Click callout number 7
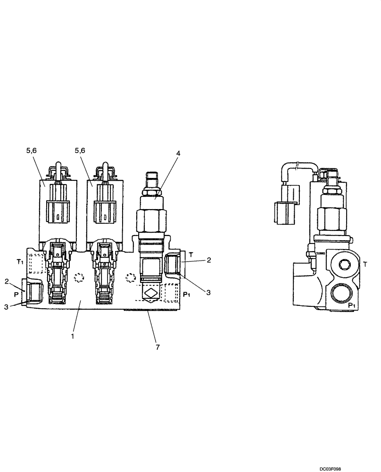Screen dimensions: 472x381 [x=157, y=347]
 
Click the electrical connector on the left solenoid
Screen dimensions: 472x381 [x=57, y=211]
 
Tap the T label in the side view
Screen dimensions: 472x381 [x=365, y=264]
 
